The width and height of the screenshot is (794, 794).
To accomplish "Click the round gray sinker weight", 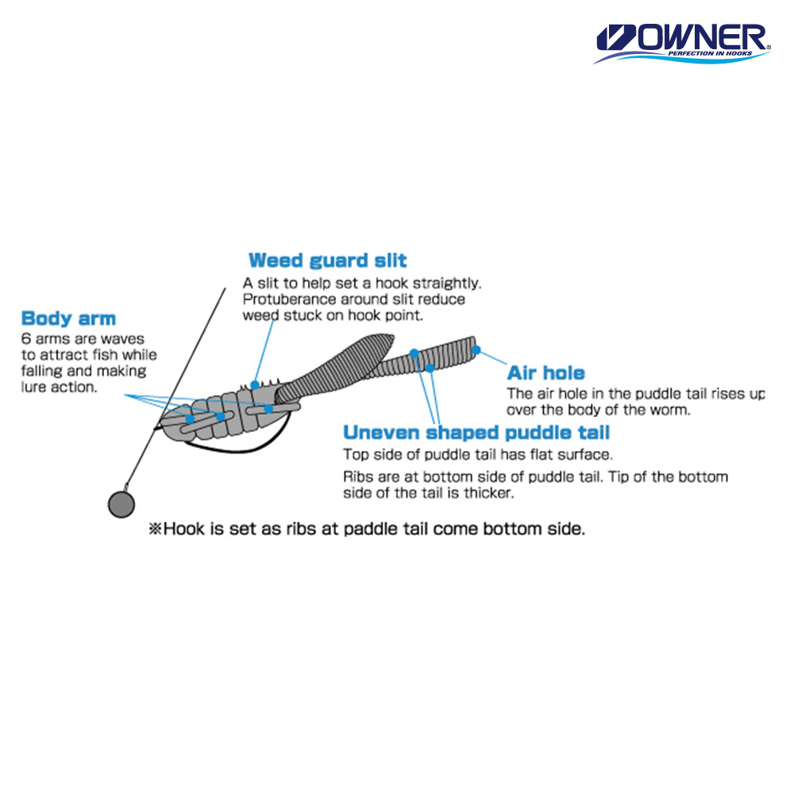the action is click(x=121, y=504).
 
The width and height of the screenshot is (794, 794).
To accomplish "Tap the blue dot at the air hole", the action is click(x=476, y=350).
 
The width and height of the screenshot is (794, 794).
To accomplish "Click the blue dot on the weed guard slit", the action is click(x=255, y=385).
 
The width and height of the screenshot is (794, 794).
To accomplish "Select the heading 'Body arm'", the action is click(x=68, y=318).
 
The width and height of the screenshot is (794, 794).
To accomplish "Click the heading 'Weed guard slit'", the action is click(x=328, y=260).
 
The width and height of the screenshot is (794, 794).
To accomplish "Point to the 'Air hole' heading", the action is click(x=546, y=372).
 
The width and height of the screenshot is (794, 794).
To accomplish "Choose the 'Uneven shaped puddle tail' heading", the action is click(x=476, y=433).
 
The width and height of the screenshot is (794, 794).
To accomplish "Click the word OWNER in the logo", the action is click(x=701, y=37).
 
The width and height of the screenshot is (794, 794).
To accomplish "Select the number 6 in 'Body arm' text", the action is click(x=26, y=339).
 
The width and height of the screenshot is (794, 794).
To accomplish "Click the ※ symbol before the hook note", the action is click(x=155, y=529).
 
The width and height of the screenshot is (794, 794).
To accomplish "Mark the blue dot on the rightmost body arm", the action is click(x=268, y=408).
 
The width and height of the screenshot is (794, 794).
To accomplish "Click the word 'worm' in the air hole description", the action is click(x=673, y=410).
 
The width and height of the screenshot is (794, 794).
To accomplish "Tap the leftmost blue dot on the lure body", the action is click(x=190, y=418).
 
